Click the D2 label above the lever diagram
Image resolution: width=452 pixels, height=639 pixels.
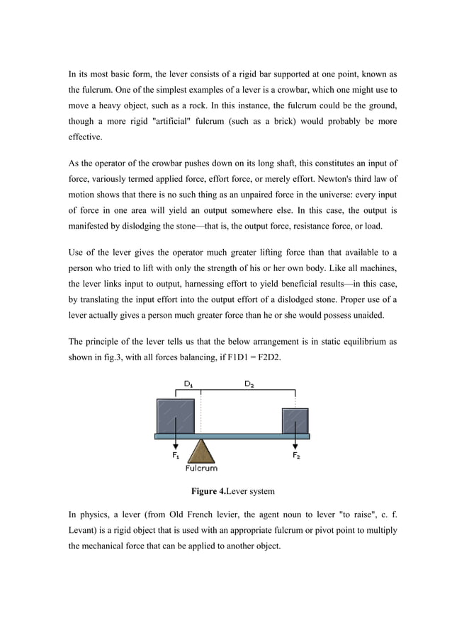(x=249, y=384)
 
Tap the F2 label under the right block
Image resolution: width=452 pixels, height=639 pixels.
(x=296, y=456)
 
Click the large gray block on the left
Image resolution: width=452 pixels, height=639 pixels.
(x=176, y=416)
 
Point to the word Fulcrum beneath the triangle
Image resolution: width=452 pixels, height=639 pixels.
(x=201, y=468)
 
